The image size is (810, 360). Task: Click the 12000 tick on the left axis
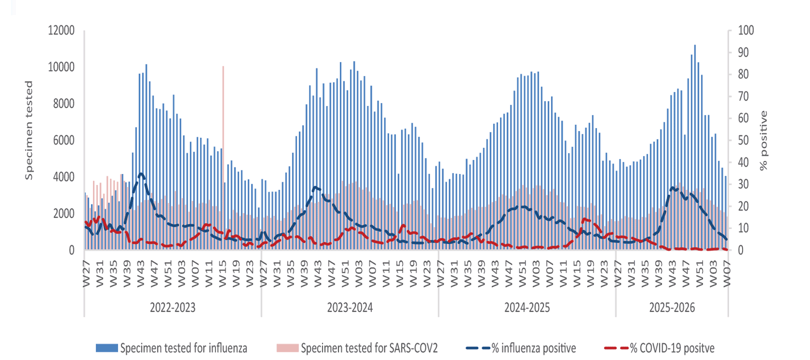[61, 30]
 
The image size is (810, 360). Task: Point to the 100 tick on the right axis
[746, 30]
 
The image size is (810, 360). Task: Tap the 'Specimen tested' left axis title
[29, 130]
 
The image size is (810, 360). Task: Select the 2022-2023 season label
[172, 307]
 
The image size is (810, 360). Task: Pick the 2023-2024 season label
[349, 307]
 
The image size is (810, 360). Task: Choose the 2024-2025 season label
[526, 307]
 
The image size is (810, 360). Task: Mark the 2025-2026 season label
[671, 307]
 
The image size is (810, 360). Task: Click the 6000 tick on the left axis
[63, 140]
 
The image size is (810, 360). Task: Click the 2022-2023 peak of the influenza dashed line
[141, 173]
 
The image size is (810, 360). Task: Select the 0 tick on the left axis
[71, 250]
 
